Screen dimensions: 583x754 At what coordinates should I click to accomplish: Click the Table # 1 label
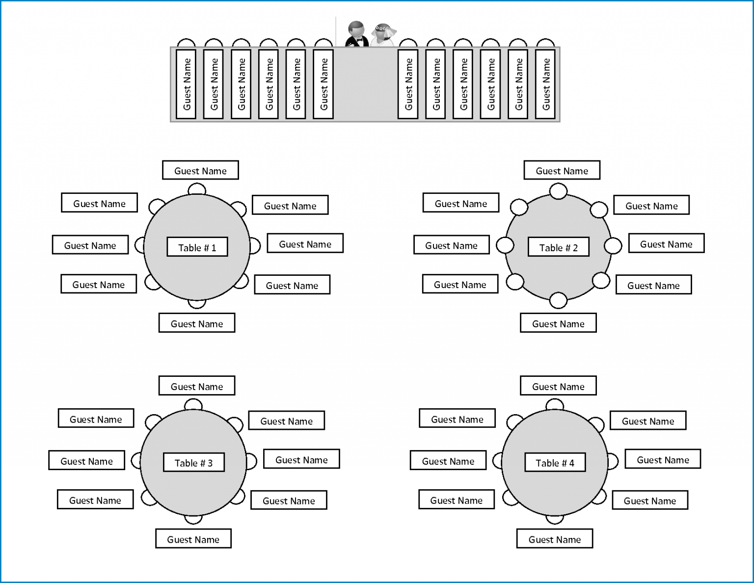tap(197, 247)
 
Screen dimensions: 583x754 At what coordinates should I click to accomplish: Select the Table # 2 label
tap(558, 247)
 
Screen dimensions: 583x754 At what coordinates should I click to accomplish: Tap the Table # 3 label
tap(193, 463)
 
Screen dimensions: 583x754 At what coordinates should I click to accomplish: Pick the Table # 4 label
tap(555, 463)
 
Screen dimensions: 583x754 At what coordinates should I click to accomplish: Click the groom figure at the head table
tap(357, 34)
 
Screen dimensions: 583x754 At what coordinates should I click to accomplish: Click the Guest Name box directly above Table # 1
tap(200, 170)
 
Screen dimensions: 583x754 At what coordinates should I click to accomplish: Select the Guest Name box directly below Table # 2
tap(558, 323)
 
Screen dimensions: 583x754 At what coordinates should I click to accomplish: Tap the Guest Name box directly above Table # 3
tap(196, 386)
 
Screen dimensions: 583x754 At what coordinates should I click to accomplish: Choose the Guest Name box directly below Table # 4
tap(554, 539)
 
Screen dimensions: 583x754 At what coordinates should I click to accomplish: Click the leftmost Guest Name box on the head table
tap(186, 84)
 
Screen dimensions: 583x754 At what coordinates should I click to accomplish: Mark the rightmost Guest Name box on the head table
tap(545, 84)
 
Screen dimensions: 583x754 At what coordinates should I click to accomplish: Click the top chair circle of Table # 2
tap(558, 191)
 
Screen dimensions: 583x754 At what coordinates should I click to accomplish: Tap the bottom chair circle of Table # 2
tap(558, 300)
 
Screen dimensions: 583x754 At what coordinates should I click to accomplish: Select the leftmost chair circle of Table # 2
tap(505, 245)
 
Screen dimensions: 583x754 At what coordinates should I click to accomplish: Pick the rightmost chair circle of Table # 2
tap(613, 245)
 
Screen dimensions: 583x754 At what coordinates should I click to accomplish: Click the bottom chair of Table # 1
tap(197, 304)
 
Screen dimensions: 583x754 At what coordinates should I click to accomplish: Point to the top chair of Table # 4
tap(555, 405)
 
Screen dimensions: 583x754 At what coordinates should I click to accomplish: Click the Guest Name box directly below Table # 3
tap(193, 539)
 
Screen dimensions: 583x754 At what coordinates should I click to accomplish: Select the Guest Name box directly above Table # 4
tap(558, 386)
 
